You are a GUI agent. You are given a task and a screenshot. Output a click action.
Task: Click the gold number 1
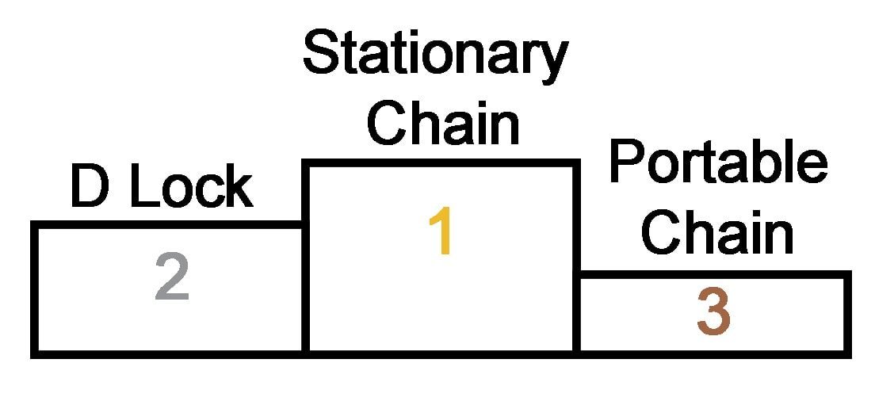[x=439, y=233]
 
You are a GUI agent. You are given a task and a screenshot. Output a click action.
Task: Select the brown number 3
[x=713, y=312]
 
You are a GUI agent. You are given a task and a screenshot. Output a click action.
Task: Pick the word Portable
[x=717, y=163]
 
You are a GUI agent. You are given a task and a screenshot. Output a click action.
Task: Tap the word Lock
[x=190, y=188]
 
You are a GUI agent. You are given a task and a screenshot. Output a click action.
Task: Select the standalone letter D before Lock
[x=90, y=188]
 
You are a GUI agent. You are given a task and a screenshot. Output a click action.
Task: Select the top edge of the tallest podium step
[x=440, y=164]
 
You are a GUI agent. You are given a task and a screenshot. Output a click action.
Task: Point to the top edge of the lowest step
[x=713, y=276]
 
